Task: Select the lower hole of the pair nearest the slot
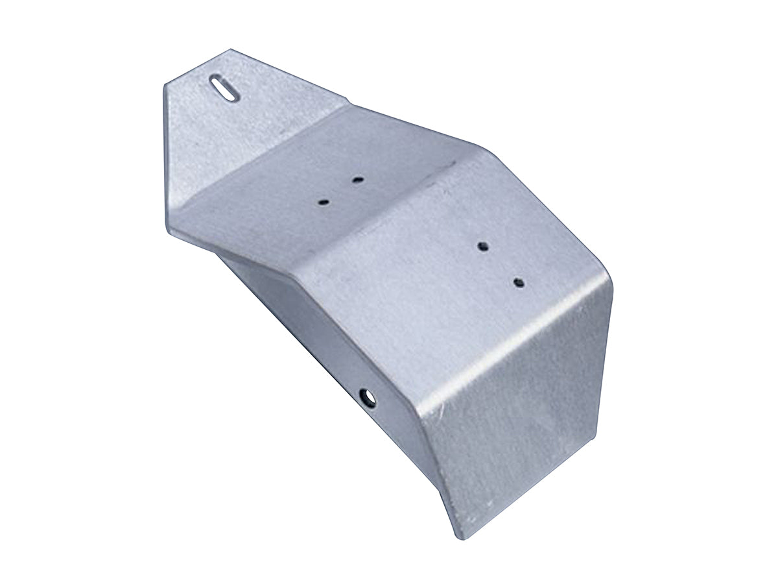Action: (324, 202)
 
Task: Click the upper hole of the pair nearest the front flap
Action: (482, 246)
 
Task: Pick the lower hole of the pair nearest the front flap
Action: (519, 282)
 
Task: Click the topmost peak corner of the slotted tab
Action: (229, 50)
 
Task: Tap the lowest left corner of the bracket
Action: (171, 224)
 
